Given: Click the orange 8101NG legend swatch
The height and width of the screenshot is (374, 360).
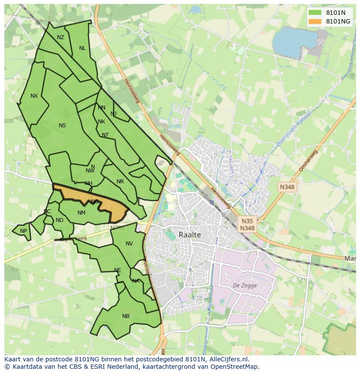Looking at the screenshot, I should coord(315,21).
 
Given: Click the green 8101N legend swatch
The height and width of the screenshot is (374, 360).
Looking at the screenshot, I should coord(315,13).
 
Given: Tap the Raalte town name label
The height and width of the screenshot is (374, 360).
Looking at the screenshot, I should coord(190,235).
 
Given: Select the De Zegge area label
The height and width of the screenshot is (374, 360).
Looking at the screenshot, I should coord(245,285).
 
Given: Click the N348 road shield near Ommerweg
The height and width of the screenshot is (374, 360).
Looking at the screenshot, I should coord(287,187).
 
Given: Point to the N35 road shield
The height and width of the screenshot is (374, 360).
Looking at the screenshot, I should coord(247,221).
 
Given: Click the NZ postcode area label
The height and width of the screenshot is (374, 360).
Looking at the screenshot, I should coord(60,37).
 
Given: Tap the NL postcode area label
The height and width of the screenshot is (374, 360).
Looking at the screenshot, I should coord(82,48).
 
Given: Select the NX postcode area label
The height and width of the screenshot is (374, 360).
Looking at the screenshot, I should coord(34,96).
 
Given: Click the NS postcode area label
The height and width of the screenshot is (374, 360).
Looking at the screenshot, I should coord(62,126).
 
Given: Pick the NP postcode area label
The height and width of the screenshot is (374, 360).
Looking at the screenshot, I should coord(23,231).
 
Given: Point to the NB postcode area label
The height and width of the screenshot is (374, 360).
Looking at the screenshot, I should coord(126,316).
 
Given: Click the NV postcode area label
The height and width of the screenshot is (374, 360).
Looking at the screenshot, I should coord(129,244).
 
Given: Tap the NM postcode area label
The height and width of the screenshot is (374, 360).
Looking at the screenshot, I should coord(81,213).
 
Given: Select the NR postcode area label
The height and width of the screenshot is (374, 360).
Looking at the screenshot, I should coord(120,182).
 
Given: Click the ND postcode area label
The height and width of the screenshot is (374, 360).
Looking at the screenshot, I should coord(60,220).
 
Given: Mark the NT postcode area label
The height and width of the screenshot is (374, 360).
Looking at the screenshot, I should coord(105,135).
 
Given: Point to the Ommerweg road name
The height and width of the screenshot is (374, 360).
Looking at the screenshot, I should coord(308,160).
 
